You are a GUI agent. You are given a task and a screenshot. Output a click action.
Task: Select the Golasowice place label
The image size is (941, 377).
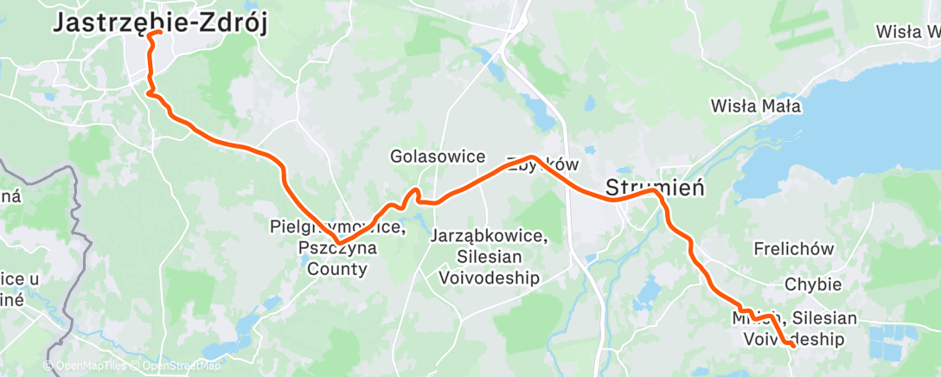(438, 157)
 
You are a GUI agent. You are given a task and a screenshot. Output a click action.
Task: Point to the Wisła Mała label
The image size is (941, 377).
(755, 107)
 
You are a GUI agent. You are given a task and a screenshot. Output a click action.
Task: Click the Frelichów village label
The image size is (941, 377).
(793, 250)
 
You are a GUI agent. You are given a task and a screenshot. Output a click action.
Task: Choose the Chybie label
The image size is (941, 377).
(813, 284)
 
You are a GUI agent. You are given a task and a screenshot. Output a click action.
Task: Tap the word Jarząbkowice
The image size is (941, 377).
(489, 236)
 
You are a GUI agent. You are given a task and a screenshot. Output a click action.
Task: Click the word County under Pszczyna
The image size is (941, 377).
(337, 269)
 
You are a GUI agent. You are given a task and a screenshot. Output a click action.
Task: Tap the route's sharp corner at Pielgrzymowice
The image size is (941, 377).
(339, 243)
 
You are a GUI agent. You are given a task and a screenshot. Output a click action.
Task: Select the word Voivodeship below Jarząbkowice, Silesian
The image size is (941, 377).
(489, 278)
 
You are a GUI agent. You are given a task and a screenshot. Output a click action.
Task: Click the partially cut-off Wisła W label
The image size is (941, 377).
(907, 32)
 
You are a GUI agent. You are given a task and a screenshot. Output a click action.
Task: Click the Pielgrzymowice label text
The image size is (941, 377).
(336, 228)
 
